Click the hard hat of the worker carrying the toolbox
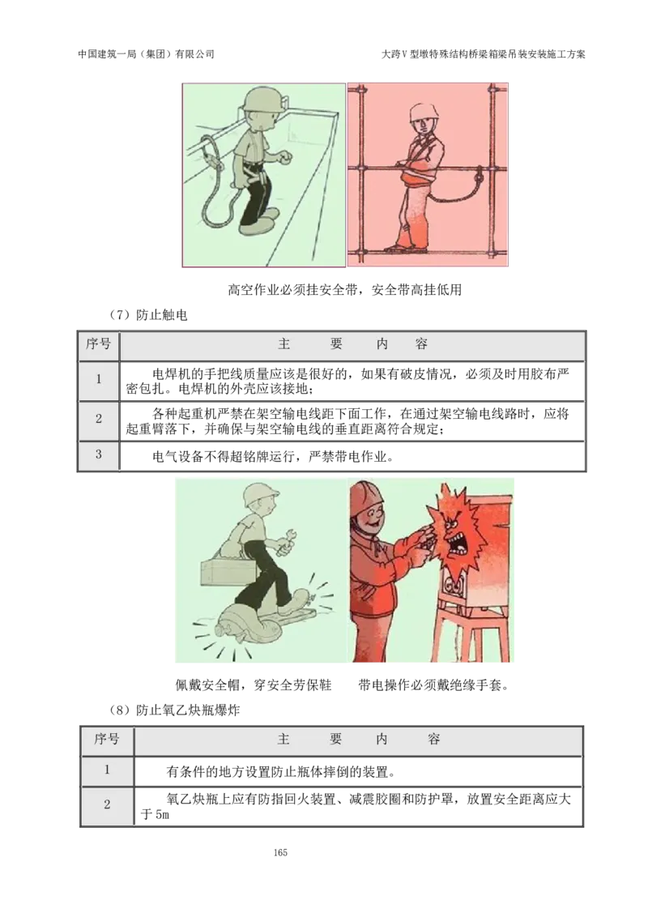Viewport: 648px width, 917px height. pos(260,493)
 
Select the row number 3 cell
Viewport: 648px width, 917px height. pos(99,454)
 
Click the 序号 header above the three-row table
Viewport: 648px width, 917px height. pos(99,344)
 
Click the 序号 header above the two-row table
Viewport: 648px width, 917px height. pos(107,739)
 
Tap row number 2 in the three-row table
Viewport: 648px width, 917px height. pos(99,419)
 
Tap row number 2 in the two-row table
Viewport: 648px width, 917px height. pos(107,805)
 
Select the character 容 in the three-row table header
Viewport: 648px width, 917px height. pos(421,344)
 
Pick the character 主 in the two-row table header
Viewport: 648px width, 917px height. pos(283,739)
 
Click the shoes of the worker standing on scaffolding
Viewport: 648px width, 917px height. pos(405,248)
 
